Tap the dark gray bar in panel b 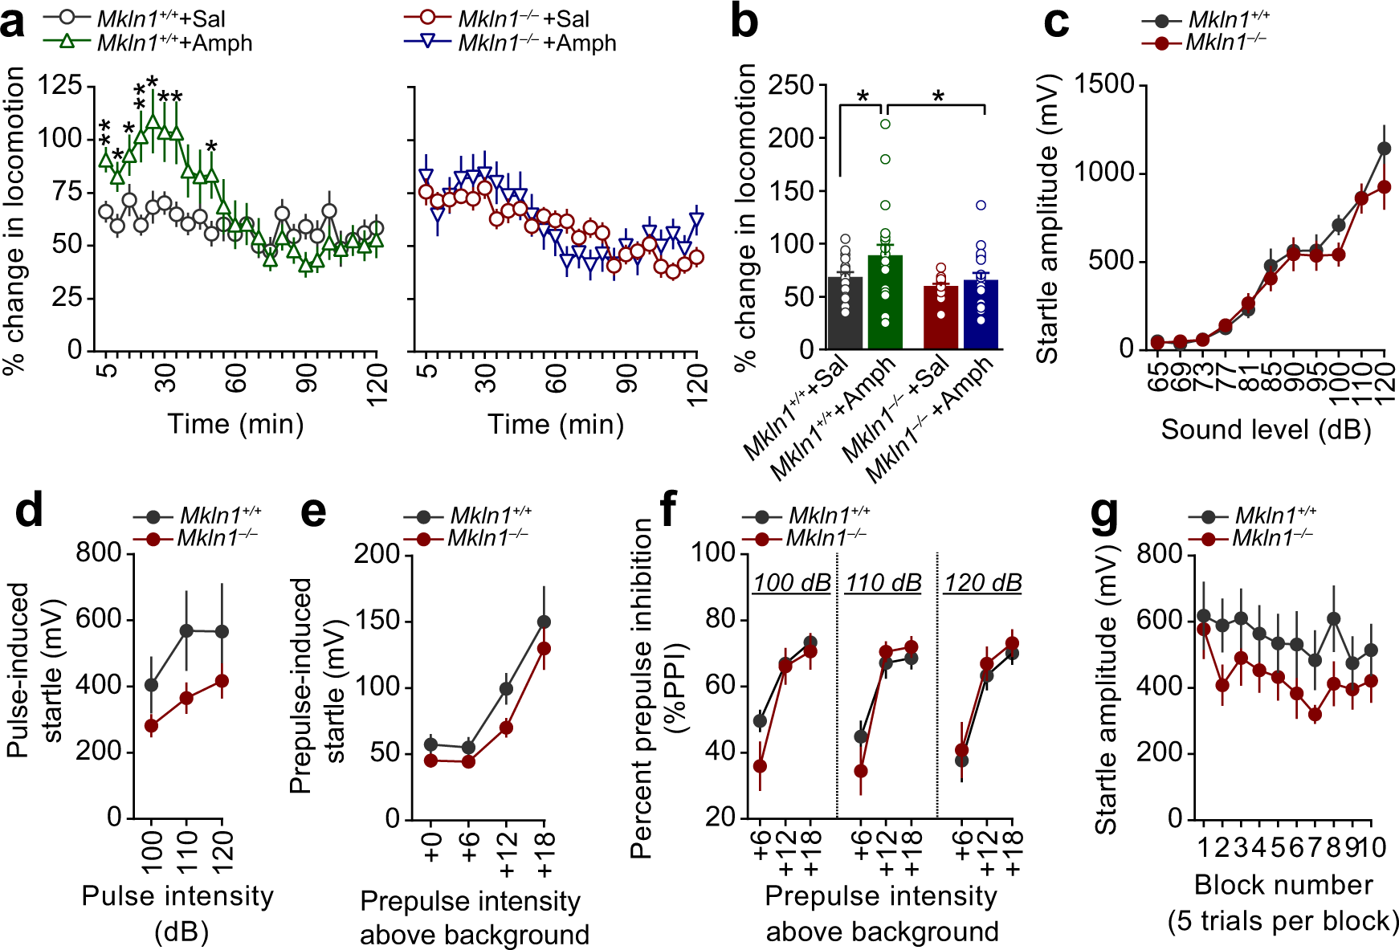click(845, 313)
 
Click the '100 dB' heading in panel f click(792, 583)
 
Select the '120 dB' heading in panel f click(983, 583)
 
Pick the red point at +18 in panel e click(544, 648)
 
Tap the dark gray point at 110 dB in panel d click(187, 630)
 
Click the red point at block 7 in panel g click(1315, 714)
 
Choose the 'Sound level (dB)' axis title click(1266, 430)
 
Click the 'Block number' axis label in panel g click(1283, 884)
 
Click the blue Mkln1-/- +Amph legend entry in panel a click(514, 43)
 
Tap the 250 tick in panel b click(791, 84)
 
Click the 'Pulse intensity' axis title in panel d click(177, 896)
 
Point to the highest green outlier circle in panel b click(885, 124)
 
